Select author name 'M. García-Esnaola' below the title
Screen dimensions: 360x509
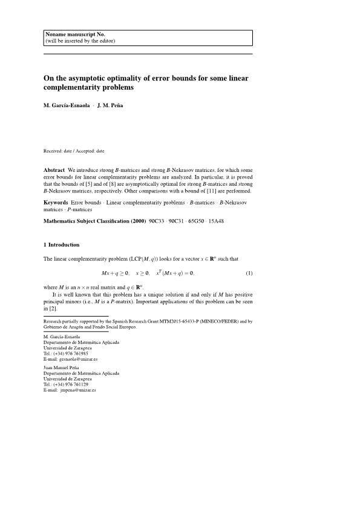[67, 105]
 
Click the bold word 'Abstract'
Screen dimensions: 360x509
[54, 170]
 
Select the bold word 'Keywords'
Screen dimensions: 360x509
[56, 202]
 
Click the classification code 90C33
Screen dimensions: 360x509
[159, 222]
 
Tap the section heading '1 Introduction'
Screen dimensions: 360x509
[61, 245]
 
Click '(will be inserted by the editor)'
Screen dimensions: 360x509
[80, 41]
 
